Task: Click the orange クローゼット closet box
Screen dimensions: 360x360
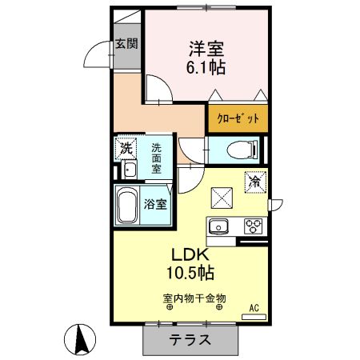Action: click(238, 118)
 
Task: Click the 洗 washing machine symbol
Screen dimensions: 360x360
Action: click(125, 148)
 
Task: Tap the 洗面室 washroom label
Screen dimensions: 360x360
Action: click(157, 158)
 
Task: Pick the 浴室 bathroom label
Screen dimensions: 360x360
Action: click(156, 204)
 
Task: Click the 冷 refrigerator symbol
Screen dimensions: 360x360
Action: click(256, 182)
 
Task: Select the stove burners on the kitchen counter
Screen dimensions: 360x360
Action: click(254, 226)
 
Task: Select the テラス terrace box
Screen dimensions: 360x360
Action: click(190, 339)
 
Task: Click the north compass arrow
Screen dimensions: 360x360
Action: click(81, 339)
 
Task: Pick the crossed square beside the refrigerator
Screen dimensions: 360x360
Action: click(220, 195)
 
